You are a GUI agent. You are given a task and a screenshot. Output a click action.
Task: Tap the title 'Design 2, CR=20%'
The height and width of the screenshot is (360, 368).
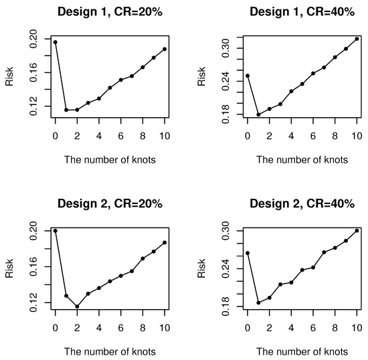[110, 204]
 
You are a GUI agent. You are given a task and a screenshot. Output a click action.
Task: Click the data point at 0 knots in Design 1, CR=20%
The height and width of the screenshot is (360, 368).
[56, 42]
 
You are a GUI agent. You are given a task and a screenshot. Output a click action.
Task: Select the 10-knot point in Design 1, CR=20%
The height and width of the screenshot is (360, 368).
[165, 49]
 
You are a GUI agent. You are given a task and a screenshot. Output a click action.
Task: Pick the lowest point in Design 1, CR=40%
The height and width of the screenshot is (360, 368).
[258, 115]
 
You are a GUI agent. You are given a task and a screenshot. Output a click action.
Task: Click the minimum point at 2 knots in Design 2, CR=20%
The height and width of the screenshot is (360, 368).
[77, 306]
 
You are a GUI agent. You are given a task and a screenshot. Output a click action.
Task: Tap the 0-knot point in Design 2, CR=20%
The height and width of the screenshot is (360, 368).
[56, 231]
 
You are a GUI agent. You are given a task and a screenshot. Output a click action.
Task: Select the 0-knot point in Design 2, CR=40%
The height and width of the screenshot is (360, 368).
[248, 253]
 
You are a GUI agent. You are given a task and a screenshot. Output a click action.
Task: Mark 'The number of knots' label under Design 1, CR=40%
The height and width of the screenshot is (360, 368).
[302, 160]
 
